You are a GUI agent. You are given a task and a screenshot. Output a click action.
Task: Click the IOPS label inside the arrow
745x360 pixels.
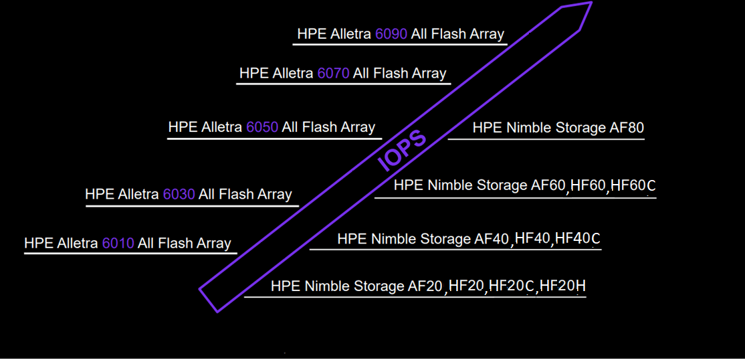(403, 151)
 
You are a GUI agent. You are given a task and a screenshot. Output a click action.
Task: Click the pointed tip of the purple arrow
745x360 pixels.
(592, 3)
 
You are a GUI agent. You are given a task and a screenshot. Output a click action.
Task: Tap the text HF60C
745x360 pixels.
(633, 185)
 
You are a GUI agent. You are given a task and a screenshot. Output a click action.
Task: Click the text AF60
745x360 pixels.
(548, 185)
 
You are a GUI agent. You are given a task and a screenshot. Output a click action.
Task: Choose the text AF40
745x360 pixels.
(492, 238)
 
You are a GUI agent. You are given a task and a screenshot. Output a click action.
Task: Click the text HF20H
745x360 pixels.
(563, 286)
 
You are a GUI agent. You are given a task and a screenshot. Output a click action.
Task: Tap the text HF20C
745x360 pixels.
(512, 286)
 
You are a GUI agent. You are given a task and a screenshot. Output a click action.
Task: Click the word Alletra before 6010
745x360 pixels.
(78, 244)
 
